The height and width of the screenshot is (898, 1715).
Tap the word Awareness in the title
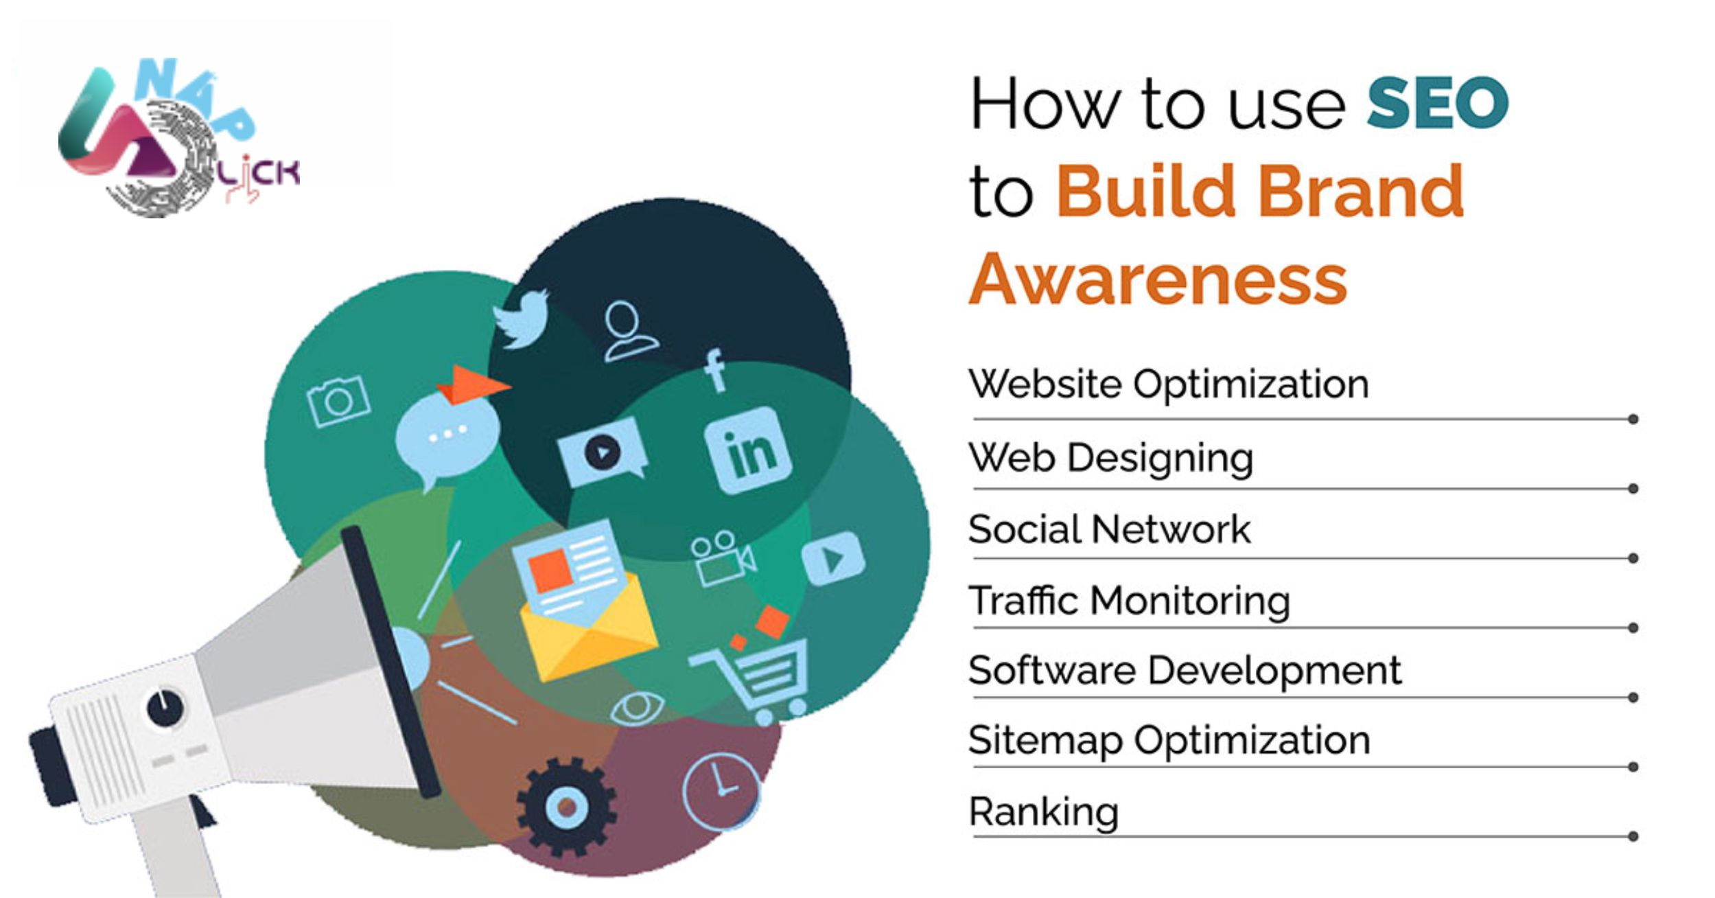(1158, 279)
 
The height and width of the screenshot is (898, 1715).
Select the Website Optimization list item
(1168, 384)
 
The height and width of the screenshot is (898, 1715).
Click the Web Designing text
(1110, 458)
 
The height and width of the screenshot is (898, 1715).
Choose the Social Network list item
(1109, 529)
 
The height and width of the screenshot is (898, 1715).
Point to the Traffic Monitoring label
(1130, 601)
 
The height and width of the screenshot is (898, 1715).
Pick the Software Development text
(1185, 671)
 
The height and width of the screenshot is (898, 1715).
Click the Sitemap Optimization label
(1169, 741)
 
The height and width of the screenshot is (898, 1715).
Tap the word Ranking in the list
(1043, 813)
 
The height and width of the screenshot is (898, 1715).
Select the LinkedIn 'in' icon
(748, 450)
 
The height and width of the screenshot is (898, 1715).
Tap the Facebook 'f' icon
(715, 371)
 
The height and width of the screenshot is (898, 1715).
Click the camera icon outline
(339, 401)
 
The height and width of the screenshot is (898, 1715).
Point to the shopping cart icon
(754, 676)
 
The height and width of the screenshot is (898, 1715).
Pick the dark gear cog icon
(566, 807)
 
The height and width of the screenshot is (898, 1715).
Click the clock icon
(721, 792)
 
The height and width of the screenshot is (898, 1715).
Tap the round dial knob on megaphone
(165, 707)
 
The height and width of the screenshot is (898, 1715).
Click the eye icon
(638, 708)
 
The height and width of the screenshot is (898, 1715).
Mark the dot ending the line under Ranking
(1633, 836)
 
